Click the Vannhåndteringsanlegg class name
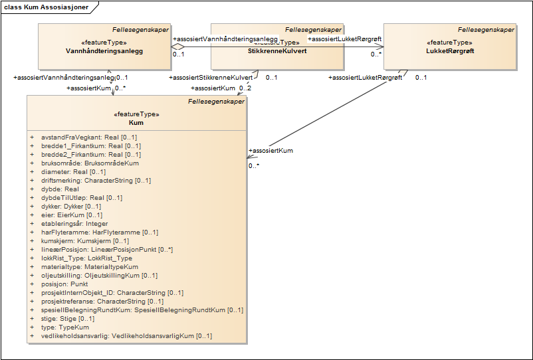coord(104,50)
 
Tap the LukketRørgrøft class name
coord(450,50)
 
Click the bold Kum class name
coord(136,123)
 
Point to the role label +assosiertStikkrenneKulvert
coord(211,78)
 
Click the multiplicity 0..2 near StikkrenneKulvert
coord(245,88)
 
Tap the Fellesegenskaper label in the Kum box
coord(216,102)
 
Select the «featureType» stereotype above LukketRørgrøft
coord(450,42)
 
